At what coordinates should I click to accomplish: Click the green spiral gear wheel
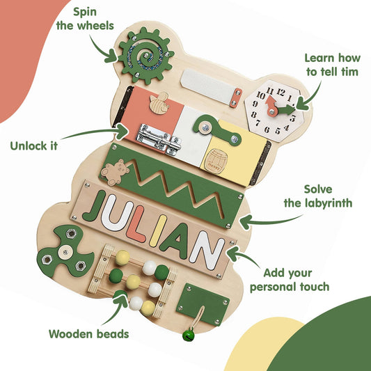146,56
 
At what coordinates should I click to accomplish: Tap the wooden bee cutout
159,103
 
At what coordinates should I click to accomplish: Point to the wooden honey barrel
216,161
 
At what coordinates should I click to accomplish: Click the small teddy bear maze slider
115,172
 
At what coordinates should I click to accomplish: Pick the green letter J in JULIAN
95,206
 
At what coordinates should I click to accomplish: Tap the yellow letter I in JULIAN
158,230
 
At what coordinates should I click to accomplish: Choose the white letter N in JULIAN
207,251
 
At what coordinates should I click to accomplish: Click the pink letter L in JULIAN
136,224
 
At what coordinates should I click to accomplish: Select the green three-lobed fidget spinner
65,252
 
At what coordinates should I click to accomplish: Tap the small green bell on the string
189,335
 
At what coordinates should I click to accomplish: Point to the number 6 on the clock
267,129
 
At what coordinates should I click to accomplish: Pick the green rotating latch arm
216,129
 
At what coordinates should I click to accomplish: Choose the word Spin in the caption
85,12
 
